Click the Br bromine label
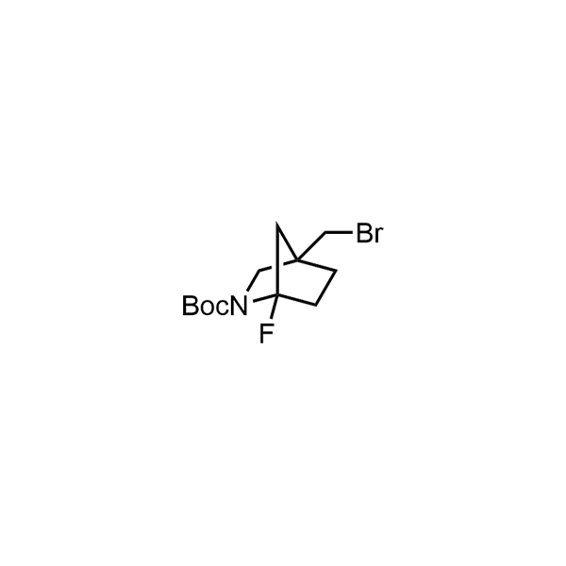pyautogui.click(x=369, y=233)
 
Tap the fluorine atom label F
pyautogui.click(x=266, y=334)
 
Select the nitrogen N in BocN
pyautogui.click(x=239, y=306)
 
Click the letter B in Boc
pyautogui.click(x=190, y=306)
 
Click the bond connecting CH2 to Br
pyautogui.click(x=339, y=233)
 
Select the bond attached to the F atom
pyautogui.click(x=273, y=307)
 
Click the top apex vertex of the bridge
pyautogui.click(x=276, y=223)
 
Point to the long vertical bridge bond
pyautogui.click(x=276, y=259)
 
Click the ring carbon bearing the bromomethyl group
pyautogui.click(x=297, y=259)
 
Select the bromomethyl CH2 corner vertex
pyautogui.click(x=325, y=233)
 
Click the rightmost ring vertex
pyautogui.click(x=337, y=270)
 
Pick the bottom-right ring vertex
pyautogui.click(x=316, y=306)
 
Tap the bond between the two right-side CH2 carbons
pyautogui.click(x=326, y=288)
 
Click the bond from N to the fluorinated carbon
pyautogui.click(x=264, y=298)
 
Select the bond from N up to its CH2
pyautogui.click(x=254, y=281)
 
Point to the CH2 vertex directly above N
pyautogui.click(x=259, y=270)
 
